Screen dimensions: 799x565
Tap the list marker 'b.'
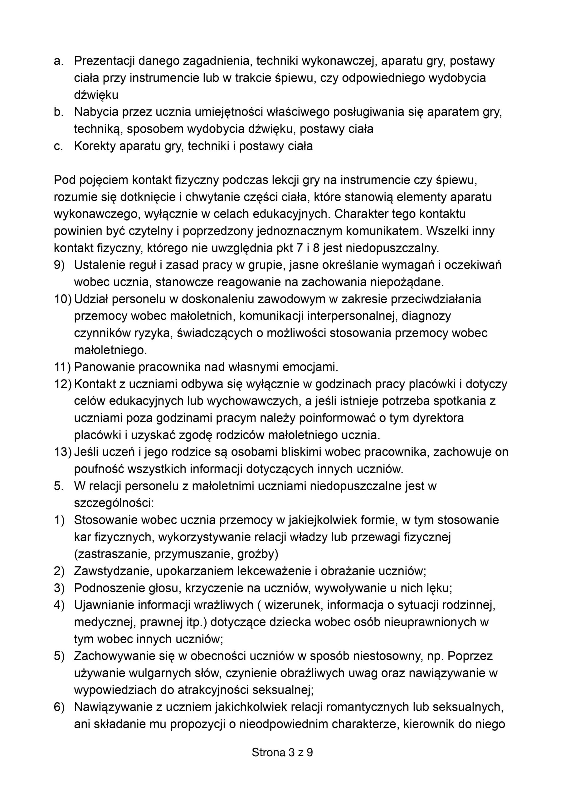pyautogui.click(x=58, y=112)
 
